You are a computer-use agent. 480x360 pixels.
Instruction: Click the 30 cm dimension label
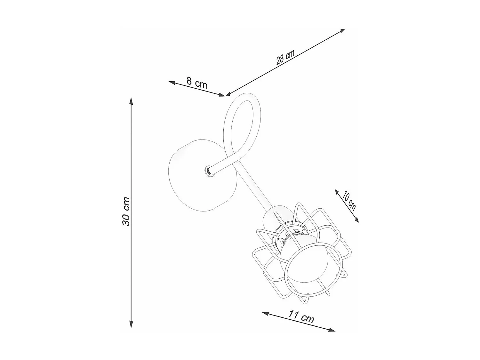126,211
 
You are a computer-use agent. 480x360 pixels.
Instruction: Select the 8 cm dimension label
197,83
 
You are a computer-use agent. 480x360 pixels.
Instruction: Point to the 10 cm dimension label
349,200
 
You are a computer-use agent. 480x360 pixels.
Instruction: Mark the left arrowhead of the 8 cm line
172,83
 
